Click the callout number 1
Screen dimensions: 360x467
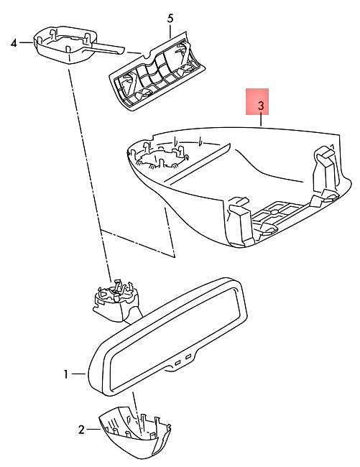coord(66,374)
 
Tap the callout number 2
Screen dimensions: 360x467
coord(81,430)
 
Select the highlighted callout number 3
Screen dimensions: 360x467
coord(261,105)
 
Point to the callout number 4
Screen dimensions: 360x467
coord(14,43)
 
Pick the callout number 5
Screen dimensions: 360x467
coord(170,19)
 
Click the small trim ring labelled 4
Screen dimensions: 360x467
coord(65,45)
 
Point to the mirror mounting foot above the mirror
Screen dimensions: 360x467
coord(116,301)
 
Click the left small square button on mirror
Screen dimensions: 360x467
coord(177,362)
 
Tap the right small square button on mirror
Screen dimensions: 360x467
coord(188,356)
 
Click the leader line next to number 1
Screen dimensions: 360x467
coord(79,374)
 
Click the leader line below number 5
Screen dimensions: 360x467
coord(170,32)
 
